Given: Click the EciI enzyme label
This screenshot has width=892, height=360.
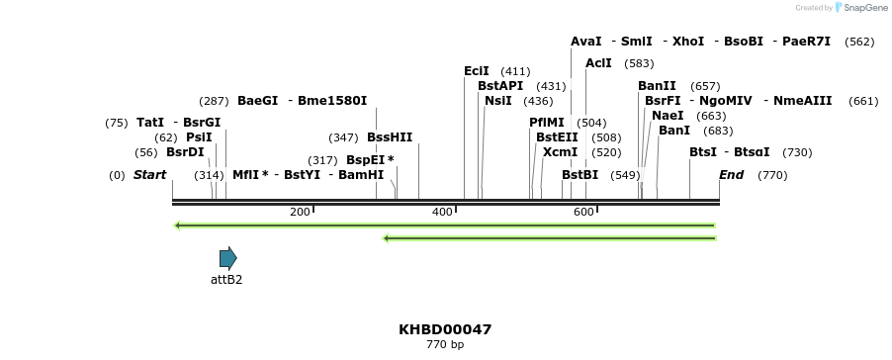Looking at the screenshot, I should coord(477,71).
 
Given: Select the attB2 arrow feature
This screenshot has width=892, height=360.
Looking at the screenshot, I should coord(227,259).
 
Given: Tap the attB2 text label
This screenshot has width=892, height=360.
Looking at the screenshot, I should coord(226,280).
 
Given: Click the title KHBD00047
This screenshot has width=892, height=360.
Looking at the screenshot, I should coord(445,329).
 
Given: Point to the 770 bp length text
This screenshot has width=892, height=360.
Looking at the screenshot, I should coord(445,345).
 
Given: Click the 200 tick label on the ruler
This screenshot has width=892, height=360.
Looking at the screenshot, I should coord(300,213).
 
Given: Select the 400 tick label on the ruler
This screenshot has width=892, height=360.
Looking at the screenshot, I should coord(442,213).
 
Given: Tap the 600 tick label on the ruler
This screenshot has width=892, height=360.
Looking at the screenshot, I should coord(583,213).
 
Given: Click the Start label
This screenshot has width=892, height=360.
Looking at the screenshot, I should coord(149,175).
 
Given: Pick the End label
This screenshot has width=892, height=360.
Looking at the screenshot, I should coord(731,175).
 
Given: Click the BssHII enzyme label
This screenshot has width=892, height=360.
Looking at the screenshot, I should coord(390,137).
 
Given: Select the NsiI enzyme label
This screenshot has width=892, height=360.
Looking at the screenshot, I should coord(498,101).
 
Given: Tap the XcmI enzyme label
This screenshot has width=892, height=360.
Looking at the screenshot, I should coord(560,152).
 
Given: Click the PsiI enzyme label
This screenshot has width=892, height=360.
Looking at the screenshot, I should coord(199,137).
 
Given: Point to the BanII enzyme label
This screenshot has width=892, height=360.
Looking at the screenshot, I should coord(657,86).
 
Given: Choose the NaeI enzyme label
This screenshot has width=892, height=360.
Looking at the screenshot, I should coord(668,116).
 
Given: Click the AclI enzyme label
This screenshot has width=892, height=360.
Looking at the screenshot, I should coord(598,63).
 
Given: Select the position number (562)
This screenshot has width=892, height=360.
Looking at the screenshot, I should coord(859,42).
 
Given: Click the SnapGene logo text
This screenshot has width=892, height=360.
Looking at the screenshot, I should coord(865,8).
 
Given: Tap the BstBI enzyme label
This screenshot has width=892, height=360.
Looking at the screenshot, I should coord(580,175).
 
